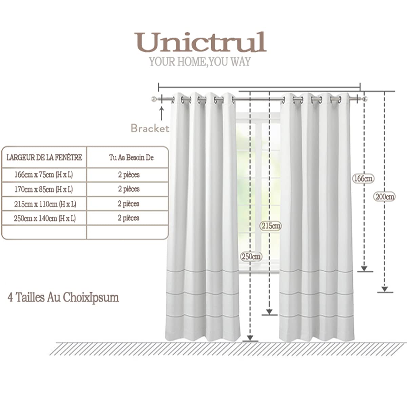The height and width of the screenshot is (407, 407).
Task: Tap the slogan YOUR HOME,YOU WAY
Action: coord(200,62)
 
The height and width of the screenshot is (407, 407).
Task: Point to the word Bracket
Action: coord(150,128)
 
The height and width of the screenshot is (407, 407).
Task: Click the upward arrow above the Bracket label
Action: coord(161,113)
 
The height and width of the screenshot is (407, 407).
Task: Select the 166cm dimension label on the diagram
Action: coord(363,179)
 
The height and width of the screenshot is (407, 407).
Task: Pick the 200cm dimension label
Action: coord(384,197)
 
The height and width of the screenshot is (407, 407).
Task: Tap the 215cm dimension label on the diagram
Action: coord(271,226)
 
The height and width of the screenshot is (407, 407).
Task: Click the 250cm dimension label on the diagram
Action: coord(251,257)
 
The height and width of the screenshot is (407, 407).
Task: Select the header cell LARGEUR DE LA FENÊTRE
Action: coord(44,158)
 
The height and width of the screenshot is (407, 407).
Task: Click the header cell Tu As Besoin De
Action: coord(131,158)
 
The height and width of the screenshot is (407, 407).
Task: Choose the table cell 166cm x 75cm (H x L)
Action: coord(43,175)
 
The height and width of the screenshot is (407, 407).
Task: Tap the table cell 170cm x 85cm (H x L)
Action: coord(43,189)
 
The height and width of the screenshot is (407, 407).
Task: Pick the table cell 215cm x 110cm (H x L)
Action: coord(45,204)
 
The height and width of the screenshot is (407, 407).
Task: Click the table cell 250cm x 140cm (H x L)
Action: coord(45,218)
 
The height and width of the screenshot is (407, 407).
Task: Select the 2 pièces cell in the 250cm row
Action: coord(129,218)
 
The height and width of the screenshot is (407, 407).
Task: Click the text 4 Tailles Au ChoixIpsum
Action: coord(63,297)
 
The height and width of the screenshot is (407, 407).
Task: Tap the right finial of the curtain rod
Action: coord(365,99)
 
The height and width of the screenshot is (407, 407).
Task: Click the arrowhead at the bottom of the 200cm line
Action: coord(385,289)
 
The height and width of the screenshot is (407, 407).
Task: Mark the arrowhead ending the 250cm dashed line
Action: coord(250,338)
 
